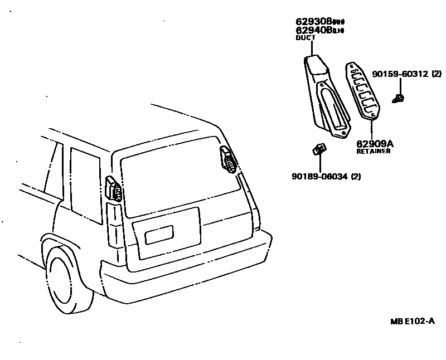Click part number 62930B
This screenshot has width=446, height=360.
pos(313,22)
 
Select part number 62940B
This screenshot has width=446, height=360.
pos(313,30)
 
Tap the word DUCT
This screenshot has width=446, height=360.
pos(306,38)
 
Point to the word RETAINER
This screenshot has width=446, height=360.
pos(374,151)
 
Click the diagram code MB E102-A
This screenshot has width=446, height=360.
pos(412,322)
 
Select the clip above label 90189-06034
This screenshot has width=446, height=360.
pos(318,149)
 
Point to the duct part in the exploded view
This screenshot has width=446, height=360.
pos(326,95)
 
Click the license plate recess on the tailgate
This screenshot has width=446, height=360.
pos(159,235)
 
